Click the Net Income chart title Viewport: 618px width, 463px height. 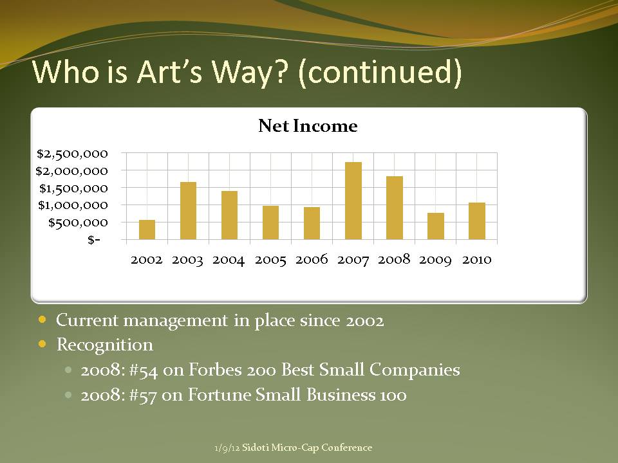tap(308, 126)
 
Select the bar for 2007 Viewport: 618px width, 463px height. tap(353, 201)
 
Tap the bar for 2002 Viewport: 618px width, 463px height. tap(147, 230)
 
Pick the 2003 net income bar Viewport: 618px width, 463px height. tap(188, 211)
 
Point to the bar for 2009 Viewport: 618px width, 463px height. tap(436, 226)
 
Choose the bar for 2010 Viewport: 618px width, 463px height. tap(477, 221)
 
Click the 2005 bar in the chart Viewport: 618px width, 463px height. tap(271, 222)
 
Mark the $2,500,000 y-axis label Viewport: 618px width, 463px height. tap(72, 154)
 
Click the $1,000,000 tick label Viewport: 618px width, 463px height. tap(73, 205)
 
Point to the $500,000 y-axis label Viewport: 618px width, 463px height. tap(78, 223)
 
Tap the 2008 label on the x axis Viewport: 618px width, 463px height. tap(394, 259)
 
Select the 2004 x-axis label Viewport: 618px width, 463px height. tap(229, 260)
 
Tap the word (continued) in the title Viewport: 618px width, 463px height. tap(380, 72)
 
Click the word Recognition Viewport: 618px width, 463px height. tap(105, 345)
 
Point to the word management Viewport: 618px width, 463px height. tap(176, 320)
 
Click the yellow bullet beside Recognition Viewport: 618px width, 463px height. tap(42, 344)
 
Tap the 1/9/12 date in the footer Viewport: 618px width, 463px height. tap(227, 448)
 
